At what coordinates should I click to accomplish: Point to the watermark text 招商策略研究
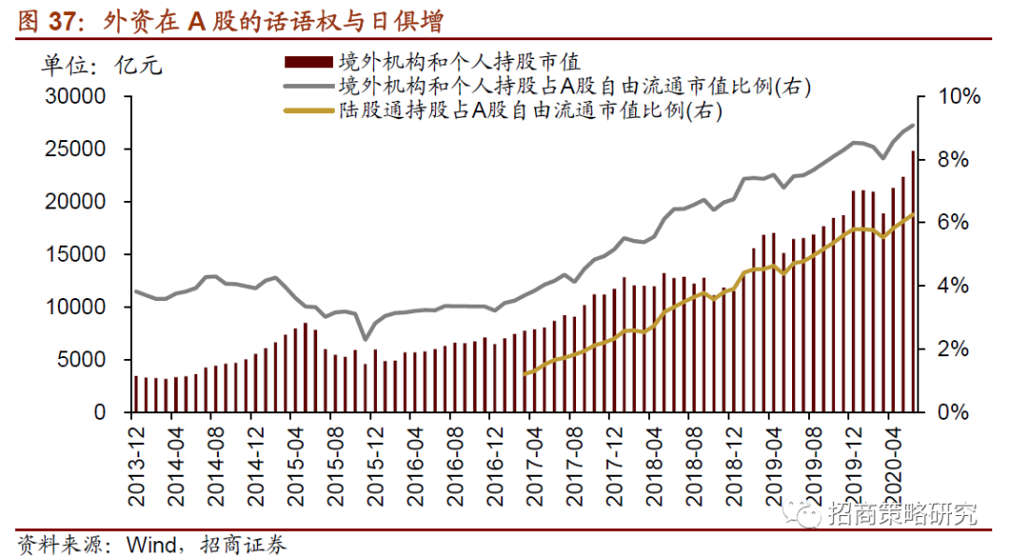click(902, 513)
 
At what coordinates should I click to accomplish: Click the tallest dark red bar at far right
click(913, 280)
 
